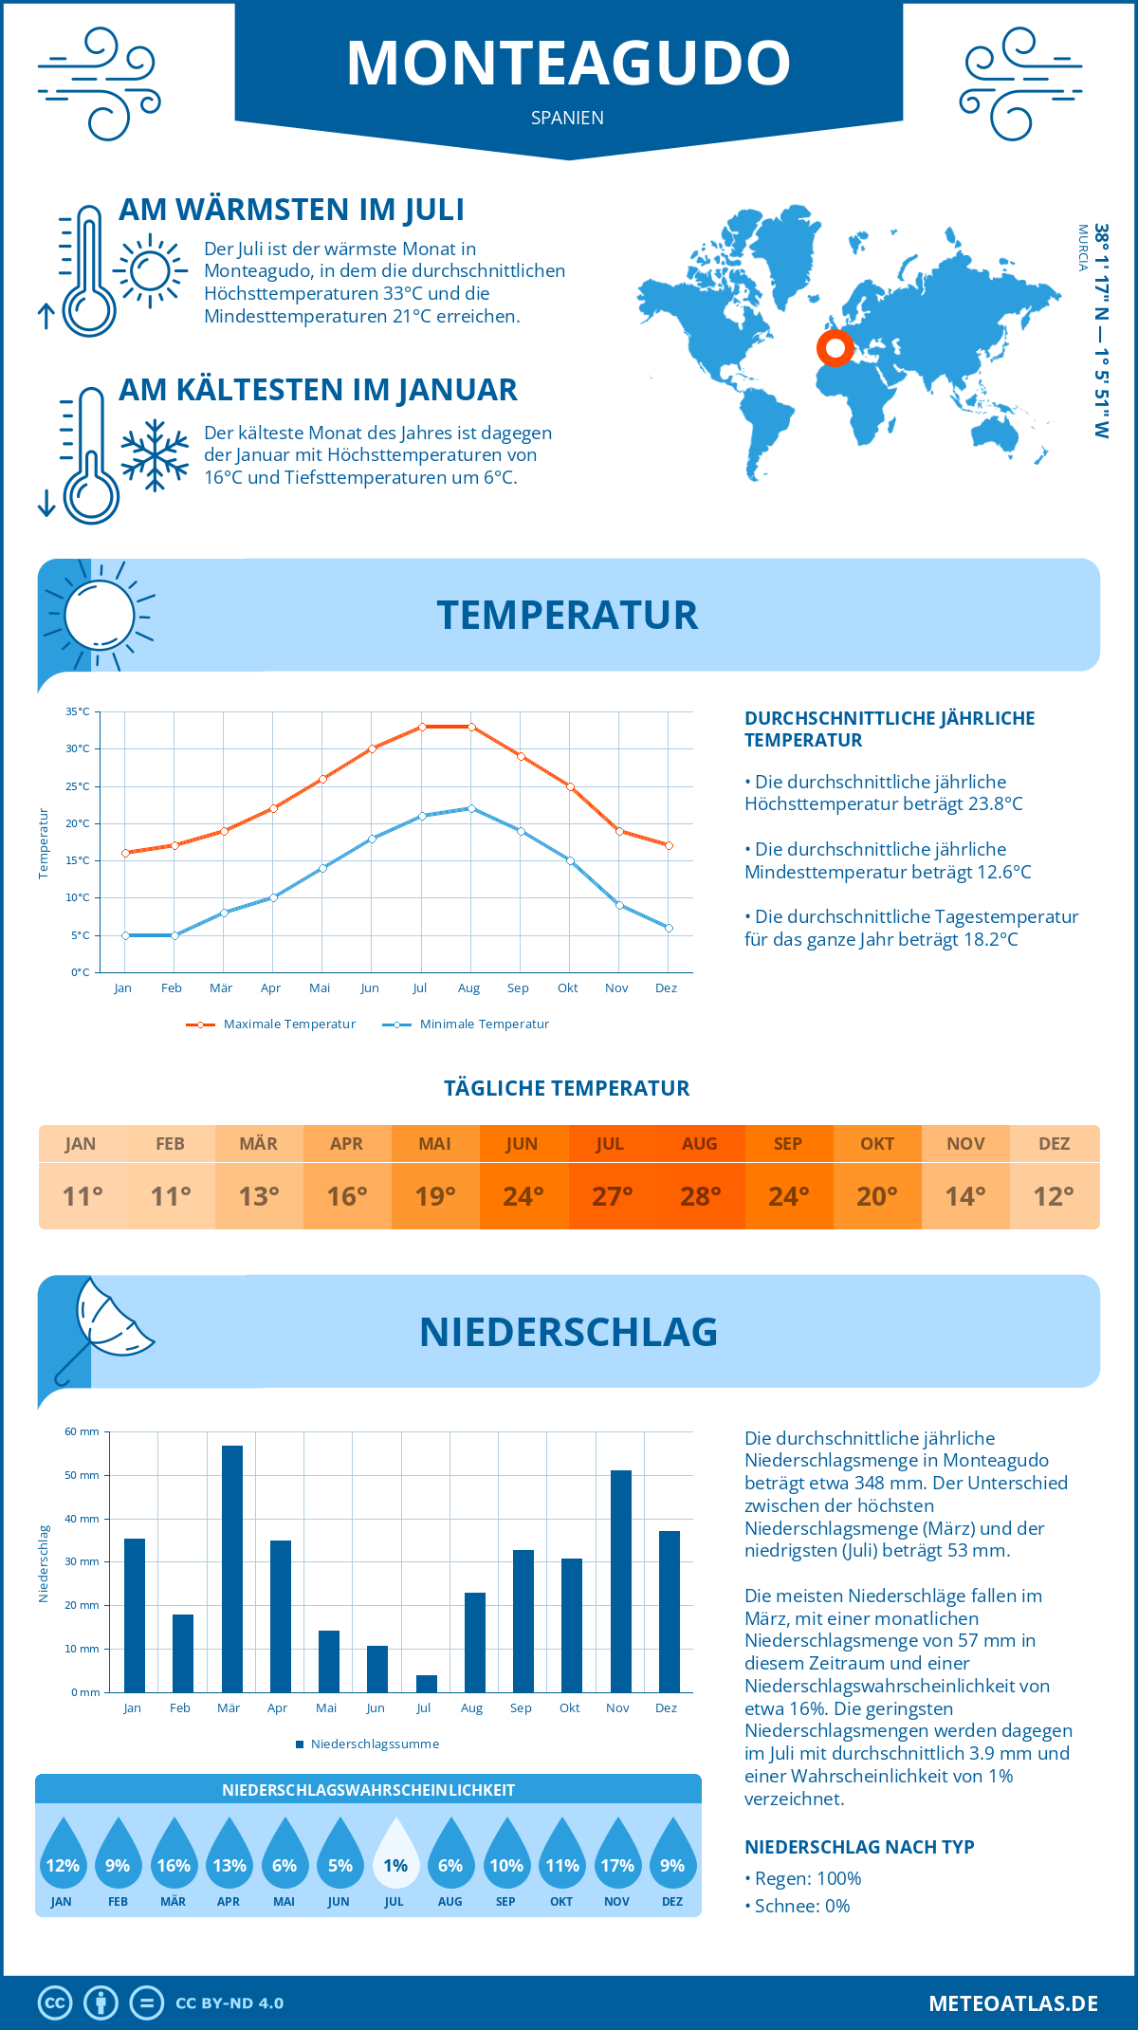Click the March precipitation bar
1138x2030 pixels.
231,1569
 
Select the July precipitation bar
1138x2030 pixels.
427,1684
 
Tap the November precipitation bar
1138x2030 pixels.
621,1581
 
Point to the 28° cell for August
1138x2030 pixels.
700,1196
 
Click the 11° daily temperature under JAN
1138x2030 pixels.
83,1196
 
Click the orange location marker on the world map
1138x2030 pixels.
835,349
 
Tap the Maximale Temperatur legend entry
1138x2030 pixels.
271,1024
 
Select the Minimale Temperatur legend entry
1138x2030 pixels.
467,1024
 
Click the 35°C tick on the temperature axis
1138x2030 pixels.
78,711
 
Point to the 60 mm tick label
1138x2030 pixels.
83,1431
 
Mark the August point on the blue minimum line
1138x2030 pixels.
471,808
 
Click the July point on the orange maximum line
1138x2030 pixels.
422,727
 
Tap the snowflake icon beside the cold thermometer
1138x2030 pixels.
155,455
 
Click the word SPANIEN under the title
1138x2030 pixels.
567,118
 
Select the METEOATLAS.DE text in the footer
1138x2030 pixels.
1013,2003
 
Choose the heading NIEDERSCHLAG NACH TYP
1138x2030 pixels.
859,1847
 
